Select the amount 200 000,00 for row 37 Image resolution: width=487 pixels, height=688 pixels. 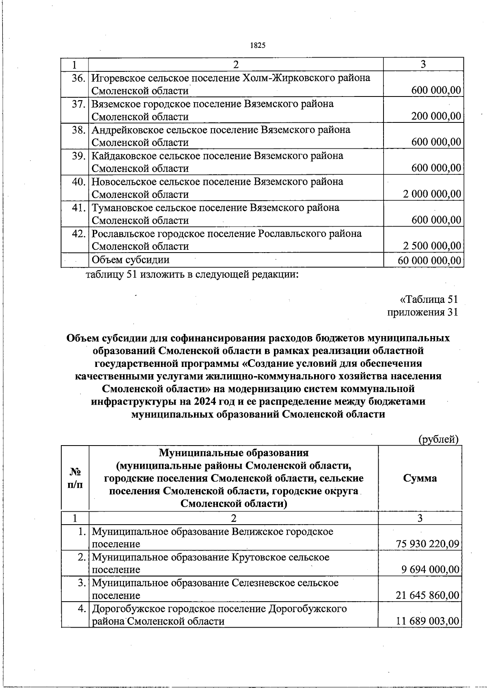[436, 116]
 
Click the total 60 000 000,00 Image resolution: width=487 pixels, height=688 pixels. [429, 260]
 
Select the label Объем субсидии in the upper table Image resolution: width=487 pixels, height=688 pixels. [131, 259]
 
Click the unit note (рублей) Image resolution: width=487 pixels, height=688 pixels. [438, 439]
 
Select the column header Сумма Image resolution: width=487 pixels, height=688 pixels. [420, 478]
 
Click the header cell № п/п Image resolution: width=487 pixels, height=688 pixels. [75, 478]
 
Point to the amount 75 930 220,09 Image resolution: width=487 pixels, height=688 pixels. [427, 544]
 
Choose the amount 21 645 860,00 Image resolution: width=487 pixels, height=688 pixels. [427, 595]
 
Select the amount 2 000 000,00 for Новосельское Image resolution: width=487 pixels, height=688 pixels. [432, 194]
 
